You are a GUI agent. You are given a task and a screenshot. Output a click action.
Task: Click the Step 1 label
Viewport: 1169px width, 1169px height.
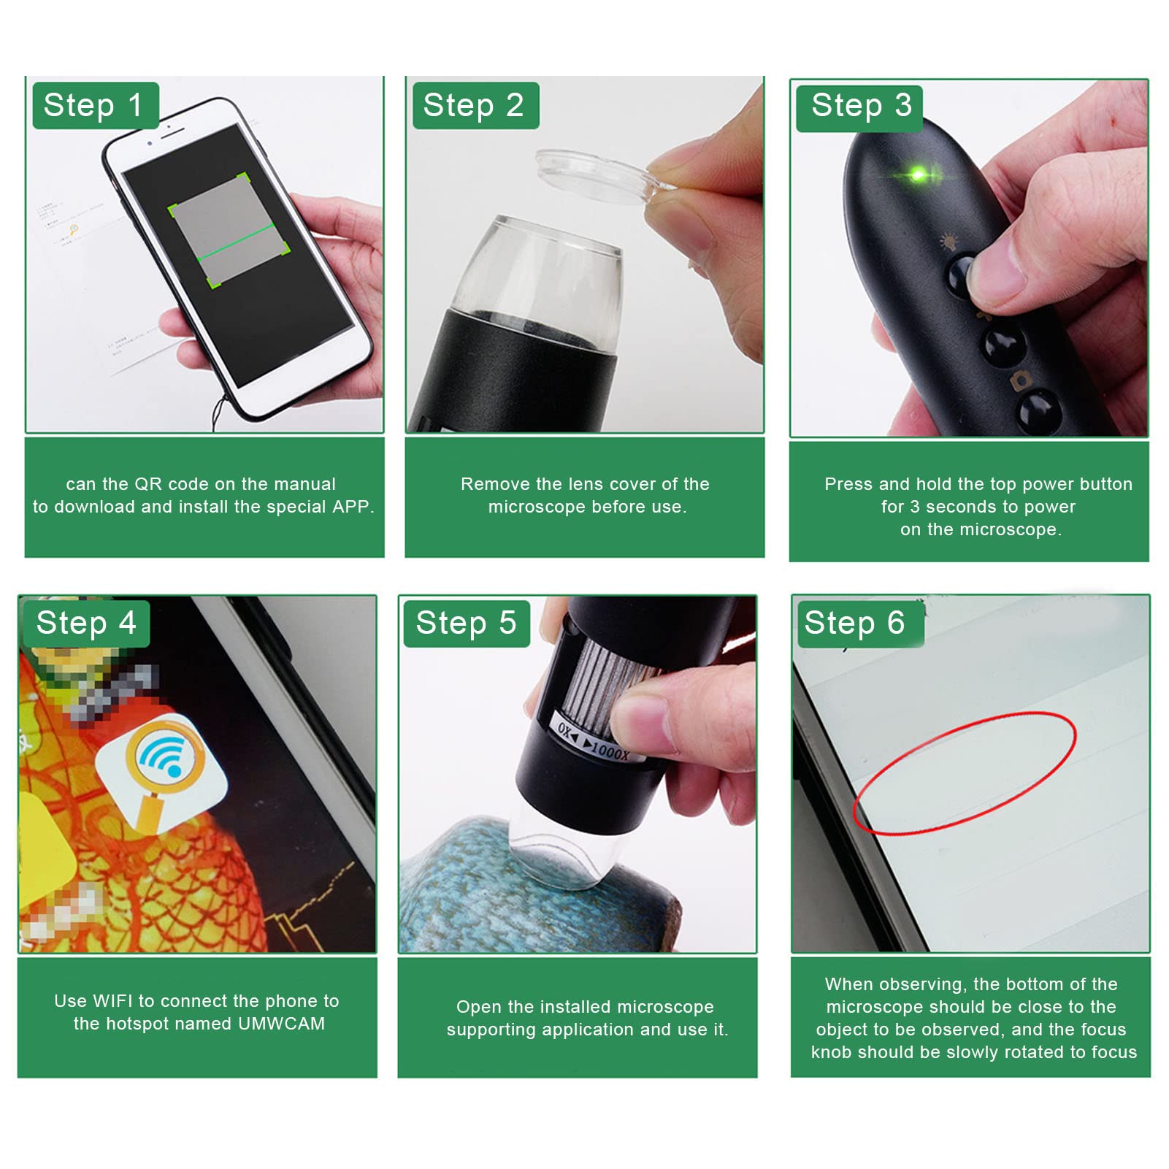[95, 106]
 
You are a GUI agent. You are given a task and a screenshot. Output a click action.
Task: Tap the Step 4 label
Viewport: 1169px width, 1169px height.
[86, 624]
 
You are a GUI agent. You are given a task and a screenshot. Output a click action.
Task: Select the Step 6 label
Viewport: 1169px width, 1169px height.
[856, 624]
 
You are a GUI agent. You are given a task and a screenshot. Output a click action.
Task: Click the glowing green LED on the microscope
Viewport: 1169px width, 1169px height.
[918, 175]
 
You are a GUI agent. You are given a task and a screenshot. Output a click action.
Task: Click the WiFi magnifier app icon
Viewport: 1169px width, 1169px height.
[161, 774]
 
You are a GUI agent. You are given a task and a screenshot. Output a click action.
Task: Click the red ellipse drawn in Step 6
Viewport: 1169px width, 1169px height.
[964, 774]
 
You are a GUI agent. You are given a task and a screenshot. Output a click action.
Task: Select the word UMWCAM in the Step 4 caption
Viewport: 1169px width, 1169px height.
[281, 1024]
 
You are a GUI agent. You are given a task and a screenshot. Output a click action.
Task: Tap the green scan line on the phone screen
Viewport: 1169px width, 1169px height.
[237, 242]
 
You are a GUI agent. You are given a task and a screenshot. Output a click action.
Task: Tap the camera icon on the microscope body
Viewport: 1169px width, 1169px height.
[1018, 382]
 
